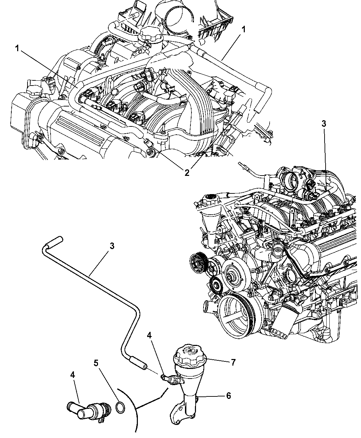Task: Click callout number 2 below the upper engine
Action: pos(187,173)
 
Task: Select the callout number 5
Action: pos(96,363)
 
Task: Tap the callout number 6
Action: pos(229,395)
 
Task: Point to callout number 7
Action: pos(233,362)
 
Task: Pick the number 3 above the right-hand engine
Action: pos(324,124)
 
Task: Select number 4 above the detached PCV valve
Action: pos(73,375)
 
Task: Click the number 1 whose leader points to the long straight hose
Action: pos(243,30)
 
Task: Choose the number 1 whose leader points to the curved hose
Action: pos(17,49)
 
